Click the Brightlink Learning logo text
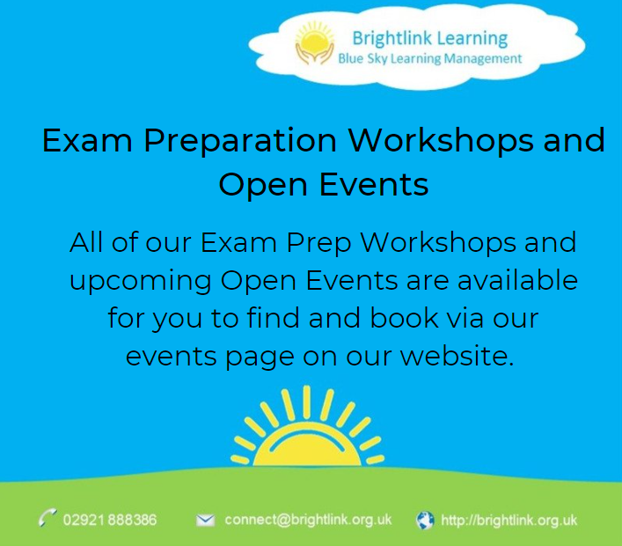429,38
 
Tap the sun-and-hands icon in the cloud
314,46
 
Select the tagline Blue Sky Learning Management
429,59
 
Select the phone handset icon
48,519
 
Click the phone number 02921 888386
109,520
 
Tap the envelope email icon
205,520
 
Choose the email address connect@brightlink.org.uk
308,520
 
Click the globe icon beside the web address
425,520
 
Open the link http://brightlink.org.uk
509,520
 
